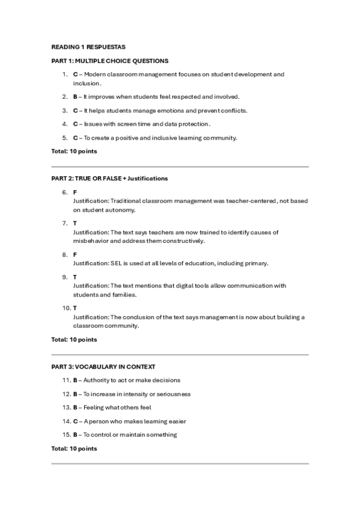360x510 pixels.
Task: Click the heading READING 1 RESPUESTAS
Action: tap(88, 47)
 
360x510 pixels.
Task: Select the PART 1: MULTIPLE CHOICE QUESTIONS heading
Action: tap(110, 61)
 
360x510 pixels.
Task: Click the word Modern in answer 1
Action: tap(97, 75)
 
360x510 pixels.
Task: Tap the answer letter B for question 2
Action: tap(75, 97)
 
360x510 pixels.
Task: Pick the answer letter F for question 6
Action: tap(75, 192)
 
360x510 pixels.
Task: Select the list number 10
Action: tap(65, 309)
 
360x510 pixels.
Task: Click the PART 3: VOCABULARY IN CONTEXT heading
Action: tap(104, 366)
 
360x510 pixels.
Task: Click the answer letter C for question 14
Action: tap(75, 421)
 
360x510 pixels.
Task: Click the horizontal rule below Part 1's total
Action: tap(180, 167)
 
